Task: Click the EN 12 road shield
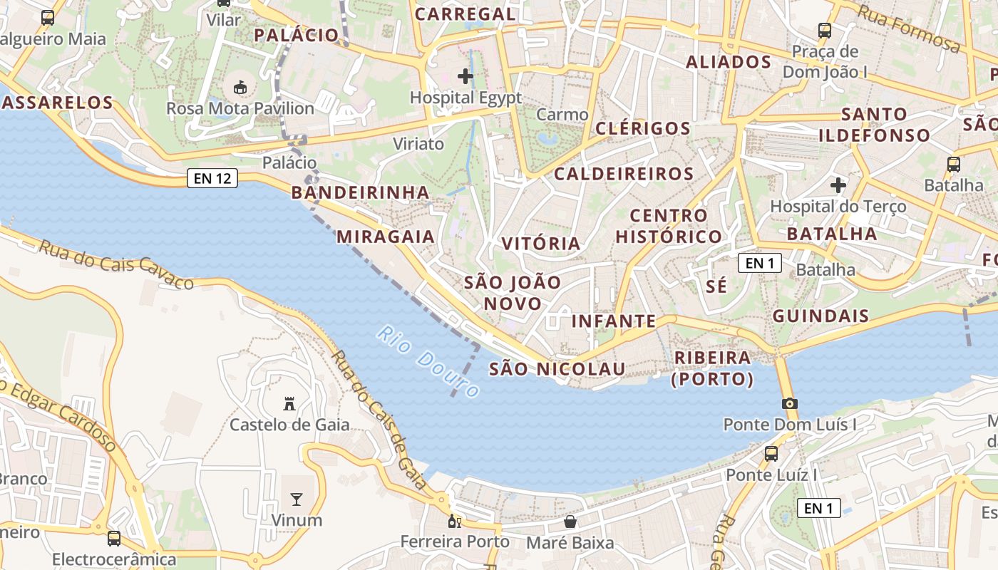click(x=212, y=178)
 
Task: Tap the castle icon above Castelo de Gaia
click(x=289, y=404)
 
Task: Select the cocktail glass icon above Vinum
click(x=297, y=499)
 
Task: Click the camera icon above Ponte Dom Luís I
click(x=789, y=403)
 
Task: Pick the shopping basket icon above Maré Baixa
click(x=570, y=522)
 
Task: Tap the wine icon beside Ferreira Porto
click(x=454, y=522)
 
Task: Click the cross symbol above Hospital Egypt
click(x=465, y=76)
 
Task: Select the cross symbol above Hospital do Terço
click(x=838, y=185)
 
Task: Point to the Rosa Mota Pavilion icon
click(x=241, y=88)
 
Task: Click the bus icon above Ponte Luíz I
click(x=771, y=453)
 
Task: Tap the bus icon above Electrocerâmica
click(x=114, y=538)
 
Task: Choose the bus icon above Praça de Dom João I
click(x=825, y=30)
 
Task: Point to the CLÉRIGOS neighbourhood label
click(x=642, y=128)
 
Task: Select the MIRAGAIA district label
click(x=386, y=237)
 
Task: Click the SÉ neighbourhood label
click(x=716, y=286)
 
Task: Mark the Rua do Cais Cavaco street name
click(x=115, y=264)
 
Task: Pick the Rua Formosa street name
click(x=908, y=28)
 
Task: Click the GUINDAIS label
click(x=820, y=316)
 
